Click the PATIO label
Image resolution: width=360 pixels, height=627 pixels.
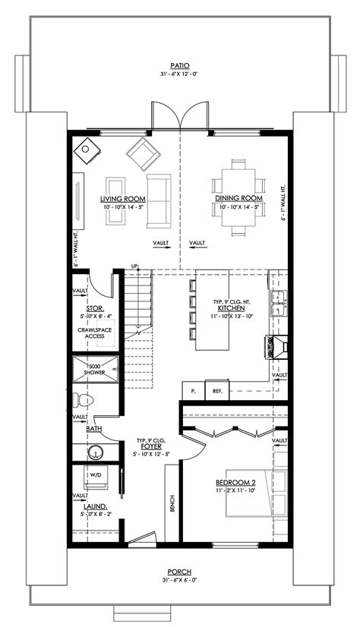[x=180, y=66]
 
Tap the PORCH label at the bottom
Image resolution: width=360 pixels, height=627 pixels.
[x=180, y=572]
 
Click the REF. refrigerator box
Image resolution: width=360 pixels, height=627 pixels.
[x=216, y=392]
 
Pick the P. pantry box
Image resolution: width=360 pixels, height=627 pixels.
[x=194, y=392]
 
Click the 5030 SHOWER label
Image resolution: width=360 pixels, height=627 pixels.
[x=95, y=368]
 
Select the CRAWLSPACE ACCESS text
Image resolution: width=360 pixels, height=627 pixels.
[x=95, y=333]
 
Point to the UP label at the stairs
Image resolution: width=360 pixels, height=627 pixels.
[x=135, y=266]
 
